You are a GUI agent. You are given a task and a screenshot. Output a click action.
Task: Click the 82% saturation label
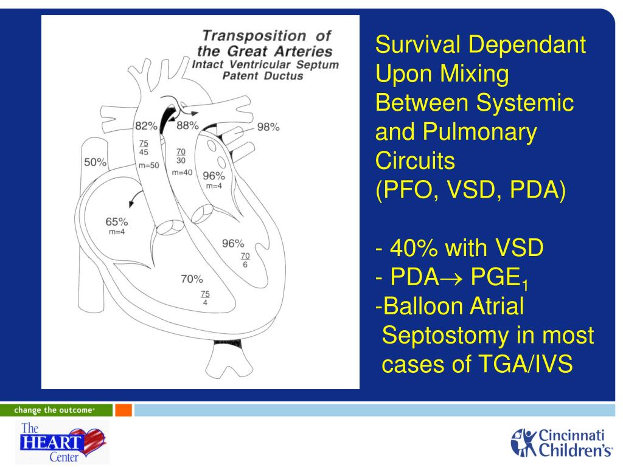[x=145, y=126]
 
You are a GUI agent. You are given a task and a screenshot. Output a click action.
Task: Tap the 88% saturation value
[x=187, y=126]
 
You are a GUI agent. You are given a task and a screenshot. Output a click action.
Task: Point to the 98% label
[x=268, y=127]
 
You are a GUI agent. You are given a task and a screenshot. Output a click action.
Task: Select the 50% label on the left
[x=95, y=162]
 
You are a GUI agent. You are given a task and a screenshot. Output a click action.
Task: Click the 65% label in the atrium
[x=116, y=223]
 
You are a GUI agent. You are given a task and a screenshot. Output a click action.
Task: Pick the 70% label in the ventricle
[x=192, y=279]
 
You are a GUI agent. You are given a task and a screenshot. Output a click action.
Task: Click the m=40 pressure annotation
[x=182, y=173]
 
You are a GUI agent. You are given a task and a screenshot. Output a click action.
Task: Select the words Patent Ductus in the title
[x=266, y=76]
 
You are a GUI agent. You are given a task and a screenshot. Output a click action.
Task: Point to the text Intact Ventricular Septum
[x=265, y=64]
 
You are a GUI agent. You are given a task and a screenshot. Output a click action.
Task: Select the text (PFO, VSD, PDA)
[x=470, y=192]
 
